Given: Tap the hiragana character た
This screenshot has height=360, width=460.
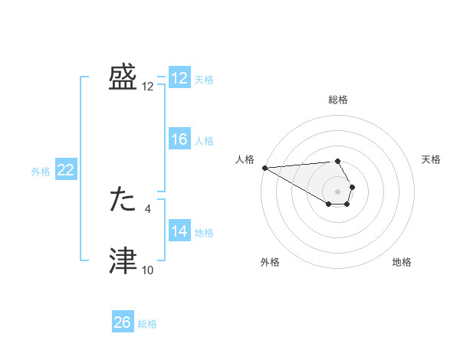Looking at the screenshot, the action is click(123, 200).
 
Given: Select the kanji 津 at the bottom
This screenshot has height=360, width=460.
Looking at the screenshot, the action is click(123, 261).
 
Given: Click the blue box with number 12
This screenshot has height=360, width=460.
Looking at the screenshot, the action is click(179, 78).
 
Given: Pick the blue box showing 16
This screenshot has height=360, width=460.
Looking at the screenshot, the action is click(179, 139).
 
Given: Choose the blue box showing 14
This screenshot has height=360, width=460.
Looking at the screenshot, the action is click(179, 231).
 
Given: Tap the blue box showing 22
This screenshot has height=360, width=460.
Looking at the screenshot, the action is click(66, 170).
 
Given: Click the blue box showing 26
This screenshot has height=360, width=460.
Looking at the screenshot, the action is click(123, 322).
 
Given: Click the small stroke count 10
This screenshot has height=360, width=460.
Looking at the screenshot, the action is click(147, 270).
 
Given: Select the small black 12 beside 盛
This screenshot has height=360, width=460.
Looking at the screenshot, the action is click(147, 86).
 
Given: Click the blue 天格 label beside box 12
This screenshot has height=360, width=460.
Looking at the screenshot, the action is click(204, 79).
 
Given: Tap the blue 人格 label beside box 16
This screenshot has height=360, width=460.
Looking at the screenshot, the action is click(204, 140).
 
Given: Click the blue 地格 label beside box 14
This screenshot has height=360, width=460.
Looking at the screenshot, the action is click(204, 232).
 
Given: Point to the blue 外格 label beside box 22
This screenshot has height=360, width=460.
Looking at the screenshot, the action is click(41, 172).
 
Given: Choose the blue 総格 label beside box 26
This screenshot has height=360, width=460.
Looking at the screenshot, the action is click(147, 324).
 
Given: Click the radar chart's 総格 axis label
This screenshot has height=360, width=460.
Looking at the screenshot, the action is click(338, 100).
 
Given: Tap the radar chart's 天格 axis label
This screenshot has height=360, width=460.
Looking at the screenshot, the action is click(431, 159).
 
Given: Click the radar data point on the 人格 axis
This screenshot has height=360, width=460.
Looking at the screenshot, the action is click(264, 168).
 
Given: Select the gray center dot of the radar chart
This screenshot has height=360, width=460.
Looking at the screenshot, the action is click(338, 191).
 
